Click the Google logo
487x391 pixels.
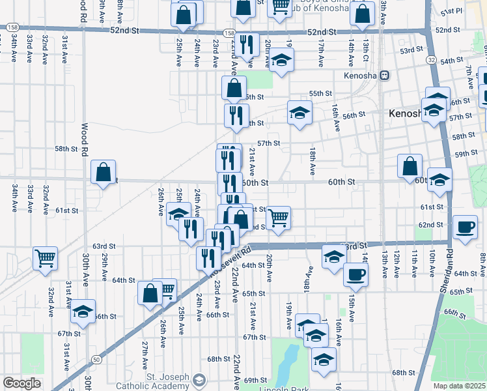(x=21, y=383)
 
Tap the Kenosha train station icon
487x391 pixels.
(x=385, y=76)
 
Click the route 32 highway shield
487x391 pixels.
(x=431, y=59)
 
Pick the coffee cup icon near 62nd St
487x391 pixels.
(x=465, y=227)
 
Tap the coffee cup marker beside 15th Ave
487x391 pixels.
(x=355, y=275)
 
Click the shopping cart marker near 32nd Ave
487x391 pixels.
(x=45, y=259)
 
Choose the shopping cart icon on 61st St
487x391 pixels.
(x=278, y=217)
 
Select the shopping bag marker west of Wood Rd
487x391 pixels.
(x=104, y=173)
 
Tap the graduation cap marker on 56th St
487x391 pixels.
(x=299, y=113)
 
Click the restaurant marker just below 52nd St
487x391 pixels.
(x=246, y=44)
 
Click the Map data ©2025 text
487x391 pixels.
(x=458, y=386)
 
